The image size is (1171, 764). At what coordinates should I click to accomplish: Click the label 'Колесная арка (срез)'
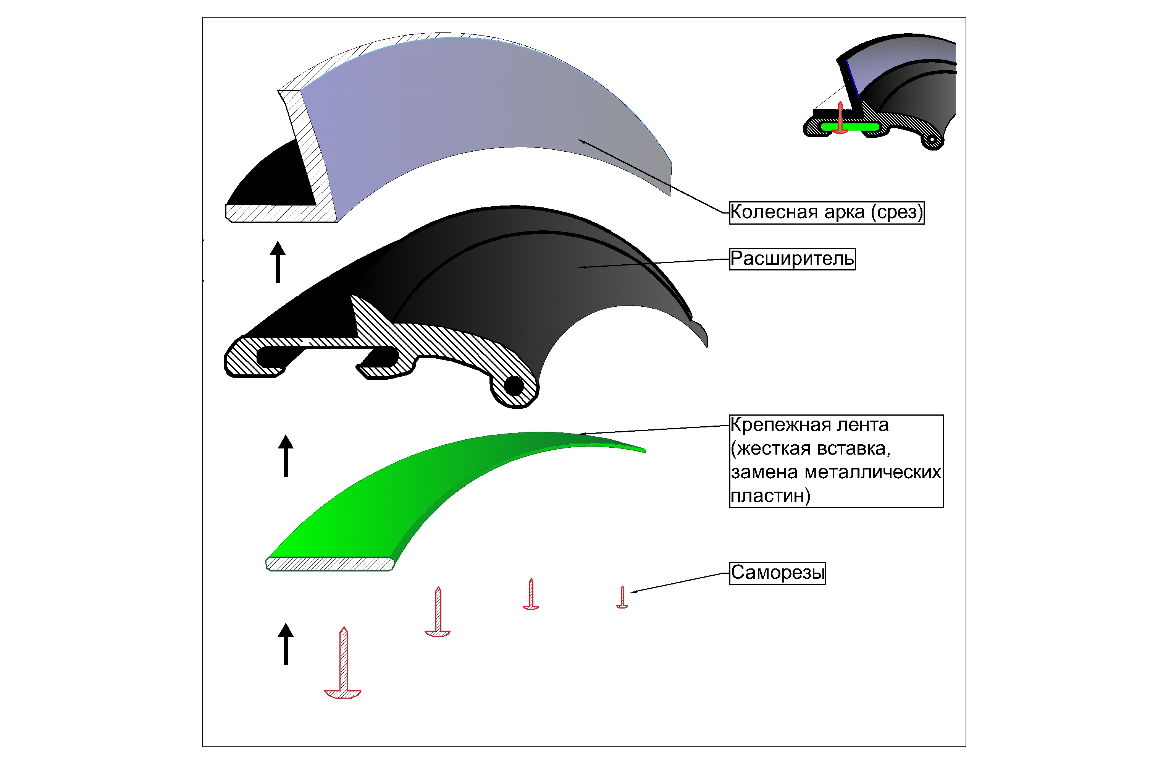point(826,213)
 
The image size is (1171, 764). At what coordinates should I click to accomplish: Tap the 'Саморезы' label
point(777,573)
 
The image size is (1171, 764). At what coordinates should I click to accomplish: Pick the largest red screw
point(343,665)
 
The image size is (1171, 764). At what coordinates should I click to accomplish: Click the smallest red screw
point(622,597)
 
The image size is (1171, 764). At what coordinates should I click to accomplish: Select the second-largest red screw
point(438,613)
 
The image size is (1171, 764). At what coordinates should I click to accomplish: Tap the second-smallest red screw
point(531,595)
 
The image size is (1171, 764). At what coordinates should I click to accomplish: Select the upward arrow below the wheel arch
point(278,262)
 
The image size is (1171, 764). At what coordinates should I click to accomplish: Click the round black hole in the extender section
point(514,385)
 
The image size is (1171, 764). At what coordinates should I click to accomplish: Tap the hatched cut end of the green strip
point(329,564)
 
